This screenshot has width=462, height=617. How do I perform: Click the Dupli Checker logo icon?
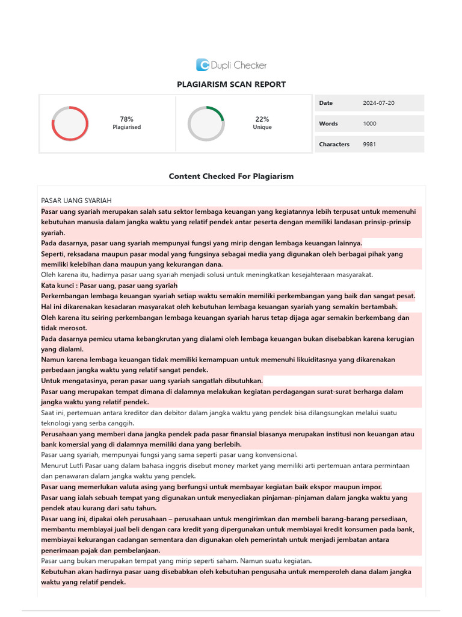click(203, 65)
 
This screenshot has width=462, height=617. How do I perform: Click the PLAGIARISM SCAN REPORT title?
click(231, 84)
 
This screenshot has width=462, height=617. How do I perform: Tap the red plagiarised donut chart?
click(70, 124)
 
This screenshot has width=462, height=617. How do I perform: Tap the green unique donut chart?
click(206, 124)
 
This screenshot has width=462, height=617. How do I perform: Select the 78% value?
click(126, 119)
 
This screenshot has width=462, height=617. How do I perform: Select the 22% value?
click(262, 119)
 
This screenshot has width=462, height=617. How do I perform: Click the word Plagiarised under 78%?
click(126, 127)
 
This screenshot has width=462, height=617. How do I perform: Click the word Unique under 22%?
click(262, 127)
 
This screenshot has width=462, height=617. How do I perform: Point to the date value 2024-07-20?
click(378, 103)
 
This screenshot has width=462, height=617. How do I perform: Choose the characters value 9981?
click(369, 144)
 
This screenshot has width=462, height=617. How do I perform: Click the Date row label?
click(325, 103)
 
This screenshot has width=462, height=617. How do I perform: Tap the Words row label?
click(328, 124)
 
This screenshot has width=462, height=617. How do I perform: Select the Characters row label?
click(334, 144)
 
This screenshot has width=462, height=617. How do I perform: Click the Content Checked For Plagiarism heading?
click(231, 177)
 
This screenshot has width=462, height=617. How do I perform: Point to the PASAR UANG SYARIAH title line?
click(76, 201)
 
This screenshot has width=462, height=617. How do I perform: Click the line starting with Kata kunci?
click(109, 286)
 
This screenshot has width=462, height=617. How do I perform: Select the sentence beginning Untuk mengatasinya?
click(152, 381)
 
